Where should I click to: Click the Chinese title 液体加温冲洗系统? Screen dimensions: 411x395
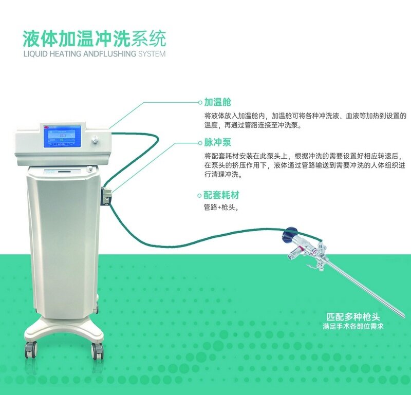pyautogui.click(x=95, y=39)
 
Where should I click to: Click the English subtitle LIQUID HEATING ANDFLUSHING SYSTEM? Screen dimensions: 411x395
pyautogui.click(x=95, y=54)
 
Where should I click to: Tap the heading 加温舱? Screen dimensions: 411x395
pyautogui.click(x=217, y=102)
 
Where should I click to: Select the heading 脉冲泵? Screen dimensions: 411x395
pyautogui.click(x=217, y=143)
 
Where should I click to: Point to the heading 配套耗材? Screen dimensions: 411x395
pyautogui.click(x=221, y=195)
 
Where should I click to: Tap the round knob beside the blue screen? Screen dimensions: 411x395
pyautogui.click(x=94, y=139)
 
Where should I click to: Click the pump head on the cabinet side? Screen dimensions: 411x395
pyautogui.click(x=106, y=195)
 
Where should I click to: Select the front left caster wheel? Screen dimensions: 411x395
pyautogui.click(x=31, y=350)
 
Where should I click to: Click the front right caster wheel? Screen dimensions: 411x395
pyautogui.click(x=97, y=351)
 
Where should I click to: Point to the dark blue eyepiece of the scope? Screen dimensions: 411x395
pyautogui.click(x=289, y=234)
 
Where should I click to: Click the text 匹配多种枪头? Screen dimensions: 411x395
pyautogui.click(x=353, y=317)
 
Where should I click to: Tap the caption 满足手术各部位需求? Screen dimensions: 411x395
pyautogui.click(x=353, y=327)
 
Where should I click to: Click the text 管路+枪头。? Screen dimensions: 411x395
pyautogui.click(x=221, y=208)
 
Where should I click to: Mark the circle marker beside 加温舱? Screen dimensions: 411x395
pyautogui.click(x=200, y=102)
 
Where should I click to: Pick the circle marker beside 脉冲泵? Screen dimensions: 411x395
pyautogui.click(x=200, y=143)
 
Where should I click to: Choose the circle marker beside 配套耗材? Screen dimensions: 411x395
pyautogui.click(x=200, y=196)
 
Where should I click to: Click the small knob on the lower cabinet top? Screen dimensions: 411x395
pyautogui.click(x=90, y=169)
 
